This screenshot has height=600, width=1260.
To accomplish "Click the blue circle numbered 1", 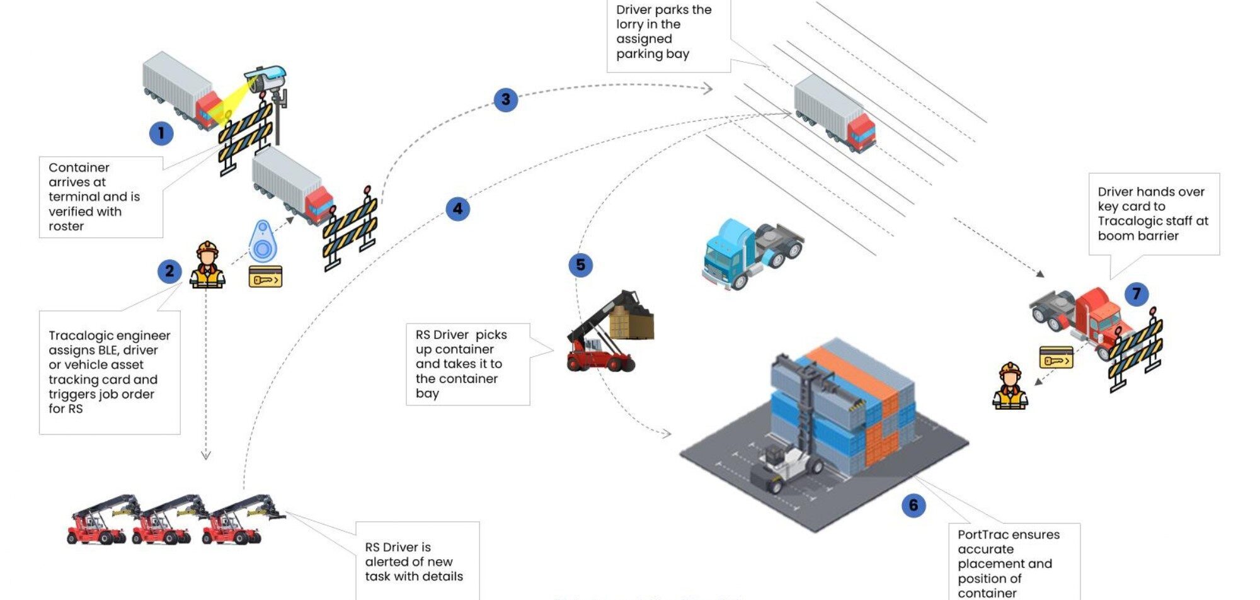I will coord(161,133).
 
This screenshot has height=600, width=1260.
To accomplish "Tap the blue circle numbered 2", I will coord(169,271).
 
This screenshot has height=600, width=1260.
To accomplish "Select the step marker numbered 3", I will coord(505,99).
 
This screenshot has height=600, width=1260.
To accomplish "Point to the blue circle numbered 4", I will coord(458,208).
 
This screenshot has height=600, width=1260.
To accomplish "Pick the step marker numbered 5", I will coord(580,265).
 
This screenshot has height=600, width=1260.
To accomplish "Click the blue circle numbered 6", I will coord(913,505).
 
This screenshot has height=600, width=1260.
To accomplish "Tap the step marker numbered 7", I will coord(1137,293).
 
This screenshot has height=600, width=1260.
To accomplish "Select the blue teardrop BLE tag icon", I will coord(263,241).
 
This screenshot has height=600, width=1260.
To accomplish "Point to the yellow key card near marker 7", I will coord(1056,358).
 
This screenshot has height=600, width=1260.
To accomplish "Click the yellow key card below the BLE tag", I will coord(265,276).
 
